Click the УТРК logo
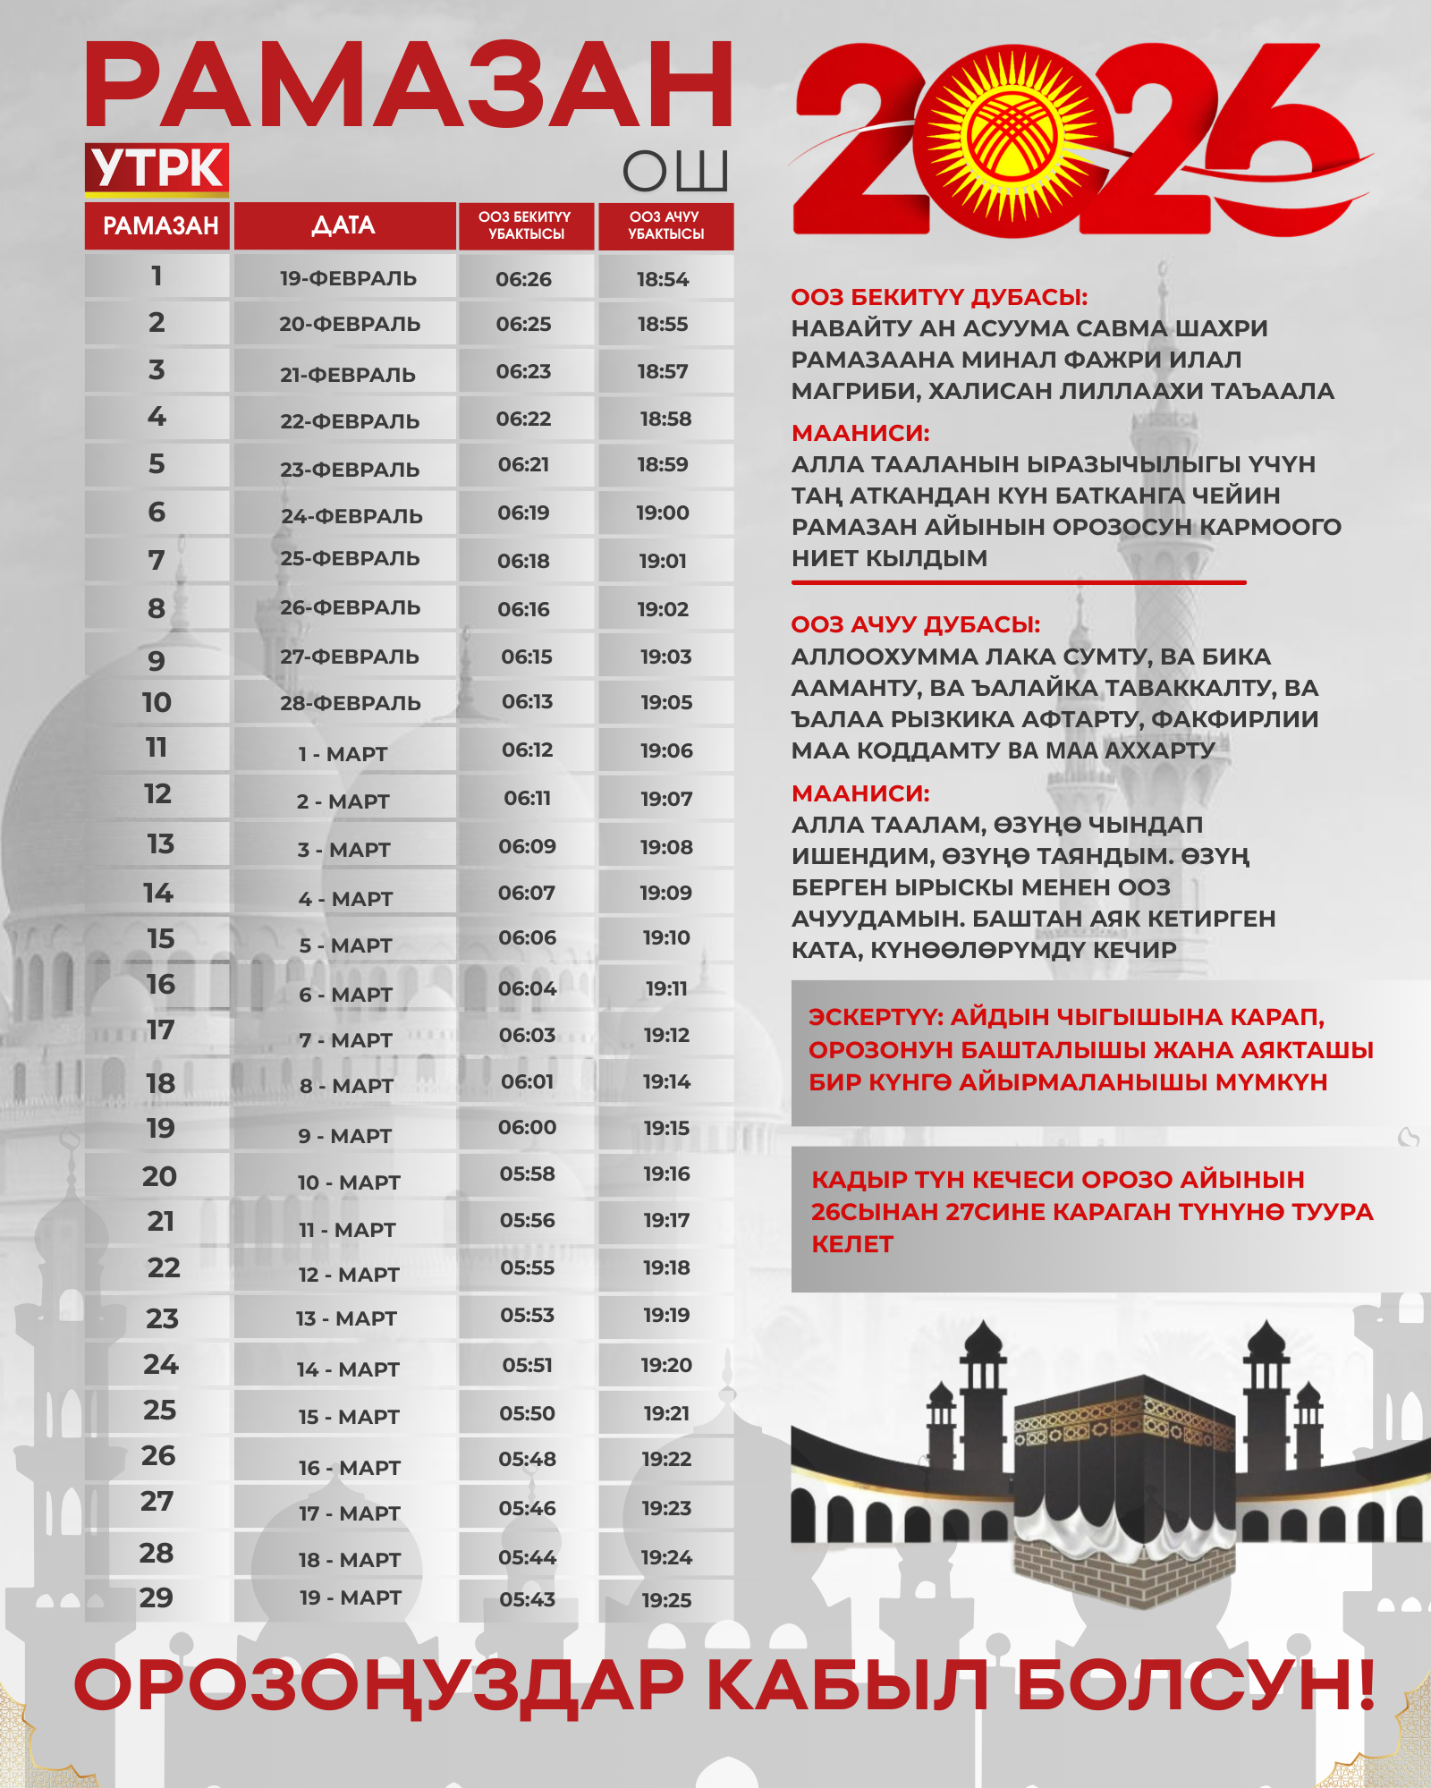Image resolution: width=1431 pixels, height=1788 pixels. click(x=157, y=168)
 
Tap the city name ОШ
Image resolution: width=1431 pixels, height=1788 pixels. click(x=675, y=171)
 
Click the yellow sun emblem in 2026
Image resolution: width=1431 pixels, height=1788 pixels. click(x=1012, y=139)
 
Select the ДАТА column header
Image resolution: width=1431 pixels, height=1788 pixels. click(x=344, y=225)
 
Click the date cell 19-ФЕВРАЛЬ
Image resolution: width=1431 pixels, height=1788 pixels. click(x=348, y=278)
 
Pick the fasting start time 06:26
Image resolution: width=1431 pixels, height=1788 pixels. click(x=524, y=279)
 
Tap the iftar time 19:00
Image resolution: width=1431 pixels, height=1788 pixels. click(x=663, y=513)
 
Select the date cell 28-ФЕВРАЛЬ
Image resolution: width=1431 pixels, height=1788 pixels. click(x=350, y=703)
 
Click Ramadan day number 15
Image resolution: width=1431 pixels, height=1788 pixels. click(x=161, y=938)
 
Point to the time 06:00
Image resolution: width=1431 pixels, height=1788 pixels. click(x=528, y=1127)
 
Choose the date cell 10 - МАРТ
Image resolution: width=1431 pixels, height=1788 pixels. click(x=349, y=1182)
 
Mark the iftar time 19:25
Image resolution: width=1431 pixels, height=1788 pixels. click(x=666, y=1600)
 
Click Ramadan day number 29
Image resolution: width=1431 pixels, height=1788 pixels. click(x=157, y=1597)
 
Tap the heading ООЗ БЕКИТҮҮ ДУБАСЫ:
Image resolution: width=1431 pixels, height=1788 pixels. click(x=939, y=298)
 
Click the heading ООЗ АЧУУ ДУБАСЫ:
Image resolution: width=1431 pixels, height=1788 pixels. click(x=916, y=624)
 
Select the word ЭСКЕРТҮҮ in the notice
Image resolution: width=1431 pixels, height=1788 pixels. click(x=876, y=1017)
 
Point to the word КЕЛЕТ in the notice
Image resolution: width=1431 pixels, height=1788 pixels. click(x=851, y=1244)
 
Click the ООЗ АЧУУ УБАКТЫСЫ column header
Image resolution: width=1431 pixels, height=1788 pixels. click(x=665, y=225)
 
